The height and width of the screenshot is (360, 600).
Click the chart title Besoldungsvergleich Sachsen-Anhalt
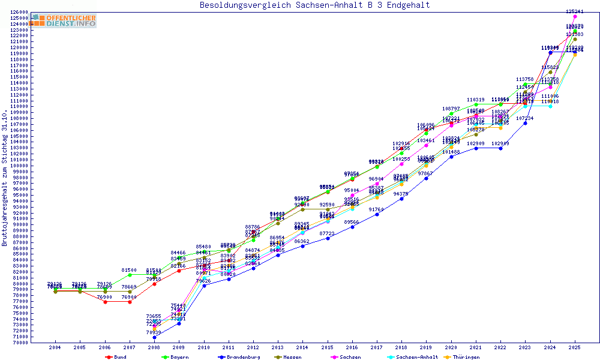314,5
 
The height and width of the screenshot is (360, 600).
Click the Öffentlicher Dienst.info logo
64,20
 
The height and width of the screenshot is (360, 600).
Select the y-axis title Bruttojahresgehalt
5,178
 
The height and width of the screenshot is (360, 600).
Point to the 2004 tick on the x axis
55,347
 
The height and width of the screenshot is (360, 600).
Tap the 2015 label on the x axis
328,347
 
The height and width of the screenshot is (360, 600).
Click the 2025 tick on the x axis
575,347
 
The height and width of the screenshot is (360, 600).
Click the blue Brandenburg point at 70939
154,337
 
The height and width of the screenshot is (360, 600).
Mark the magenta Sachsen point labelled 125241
575,17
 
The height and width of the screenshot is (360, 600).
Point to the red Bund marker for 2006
105,302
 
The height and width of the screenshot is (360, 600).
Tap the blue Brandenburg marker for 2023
526,122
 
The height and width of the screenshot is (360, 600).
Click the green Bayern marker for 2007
130,275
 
